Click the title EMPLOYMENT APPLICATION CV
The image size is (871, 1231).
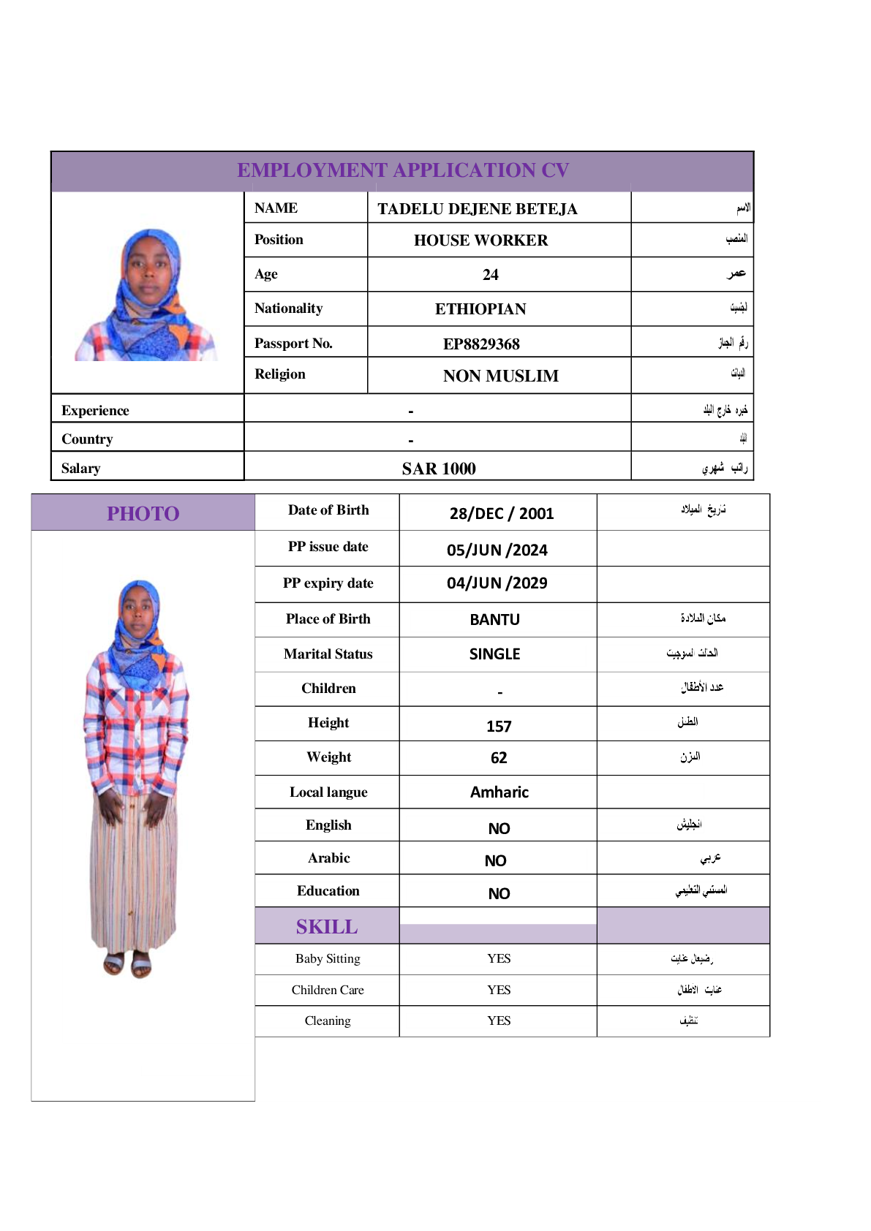(x=403, y=170)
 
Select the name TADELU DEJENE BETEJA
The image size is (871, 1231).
(x=477, y=209)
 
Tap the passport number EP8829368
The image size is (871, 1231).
(x=481, y=344)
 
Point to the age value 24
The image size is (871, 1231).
(x=490, y=275)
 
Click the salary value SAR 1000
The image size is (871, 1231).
(x=439, y=469)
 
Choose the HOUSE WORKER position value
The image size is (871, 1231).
(x=480, y=240)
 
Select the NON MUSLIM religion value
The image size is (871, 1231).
(x=500, y=376)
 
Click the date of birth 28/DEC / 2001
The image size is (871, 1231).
(x=501, y=513)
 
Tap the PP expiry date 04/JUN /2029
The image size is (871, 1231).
(x=497, y=583)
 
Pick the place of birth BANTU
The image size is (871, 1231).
(x=494, y=620)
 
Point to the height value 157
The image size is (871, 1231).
(x=499, y=726)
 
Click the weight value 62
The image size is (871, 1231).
(x=499, y=758)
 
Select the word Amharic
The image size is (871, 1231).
(x=499, y=792)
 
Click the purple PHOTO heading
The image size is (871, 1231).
(x=143, y=514)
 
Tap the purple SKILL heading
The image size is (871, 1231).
(x=327, y=927)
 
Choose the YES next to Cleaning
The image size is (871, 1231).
(x=499, y=1020)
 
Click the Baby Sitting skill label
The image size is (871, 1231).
(x=328, y=958)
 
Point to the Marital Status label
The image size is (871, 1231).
(x=328, y=654)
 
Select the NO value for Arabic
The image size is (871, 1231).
(x=495, y=861)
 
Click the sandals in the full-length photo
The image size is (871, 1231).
(x=127, y=964)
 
